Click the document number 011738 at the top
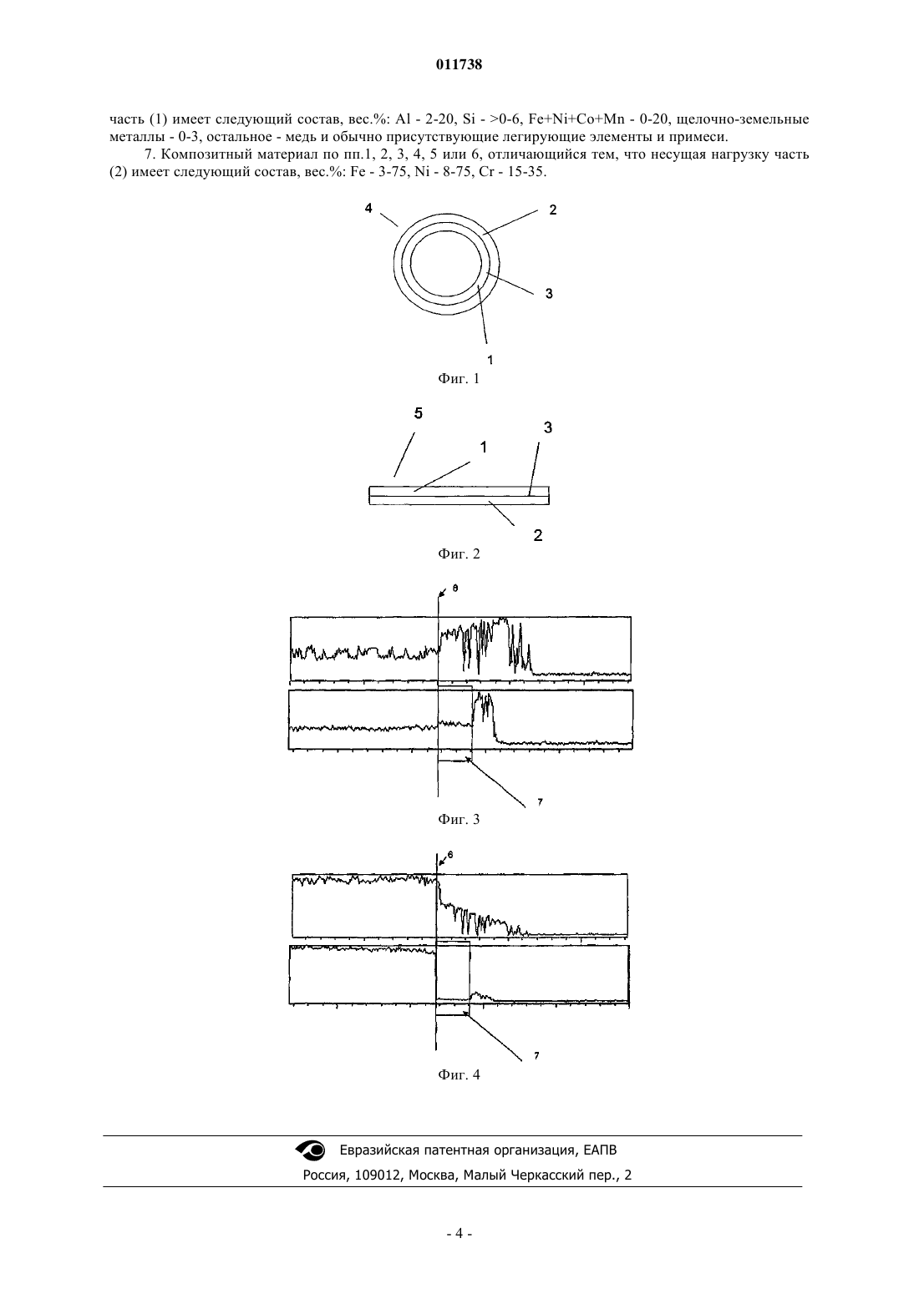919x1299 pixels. [459, 64]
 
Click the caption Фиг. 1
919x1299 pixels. [459, 379]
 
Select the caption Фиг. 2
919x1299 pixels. [459, 553]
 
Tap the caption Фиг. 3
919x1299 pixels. [459, 820]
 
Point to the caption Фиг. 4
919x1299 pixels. [459, 1074]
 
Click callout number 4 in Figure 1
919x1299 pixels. [368, 208]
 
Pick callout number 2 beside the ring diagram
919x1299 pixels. [553, 210]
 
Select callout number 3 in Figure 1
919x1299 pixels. [550, 293]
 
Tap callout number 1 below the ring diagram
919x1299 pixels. [490, 360]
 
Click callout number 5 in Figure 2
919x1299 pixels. [419, 413]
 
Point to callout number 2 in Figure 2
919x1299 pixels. [538, 535]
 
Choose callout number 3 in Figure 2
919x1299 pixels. [548, 428]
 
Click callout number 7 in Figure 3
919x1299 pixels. [540, 802]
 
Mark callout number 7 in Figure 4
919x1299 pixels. [536, 1056]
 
